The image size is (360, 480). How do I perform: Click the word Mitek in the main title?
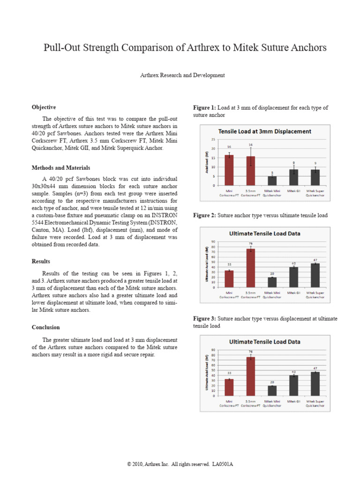(244, 48)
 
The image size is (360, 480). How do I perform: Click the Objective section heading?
(44, 107)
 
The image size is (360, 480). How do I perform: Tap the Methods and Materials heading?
(61, 168)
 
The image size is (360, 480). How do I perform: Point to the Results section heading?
(41, 261)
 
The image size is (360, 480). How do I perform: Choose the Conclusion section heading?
(45, 327)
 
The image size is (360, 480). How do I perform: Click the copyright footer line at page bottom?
(180, 464)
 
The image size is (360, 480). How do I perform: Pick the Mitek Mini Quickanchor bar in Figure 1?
(272, 180)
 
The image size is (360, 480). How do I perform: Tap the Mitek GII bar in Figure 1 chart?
(293, 177)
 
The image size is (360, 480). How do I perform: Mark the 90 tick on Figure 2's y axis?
(213, 242)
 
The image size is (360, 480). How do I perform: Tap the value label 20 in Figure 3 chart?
(272, 382)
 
